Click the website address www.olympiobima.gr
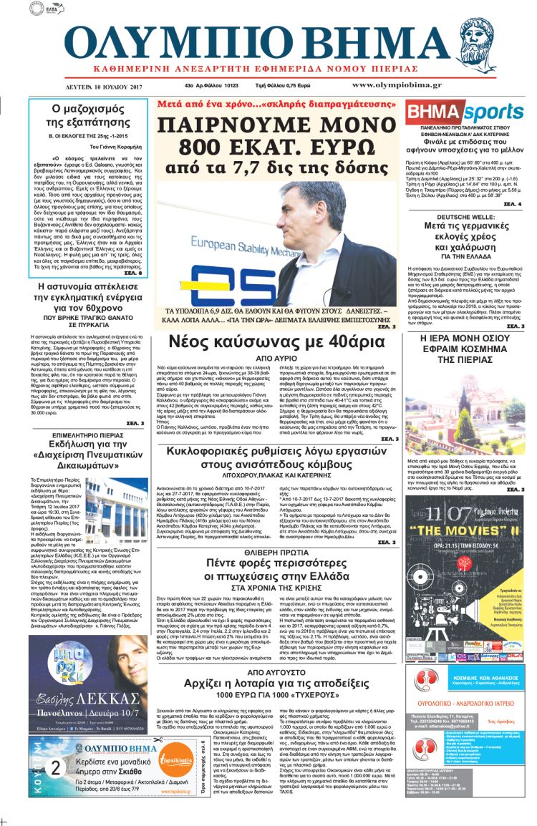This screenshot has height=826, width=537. tap(447, 85)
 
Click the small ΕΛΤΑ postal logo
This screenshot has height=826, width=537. tap(48, 10)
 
